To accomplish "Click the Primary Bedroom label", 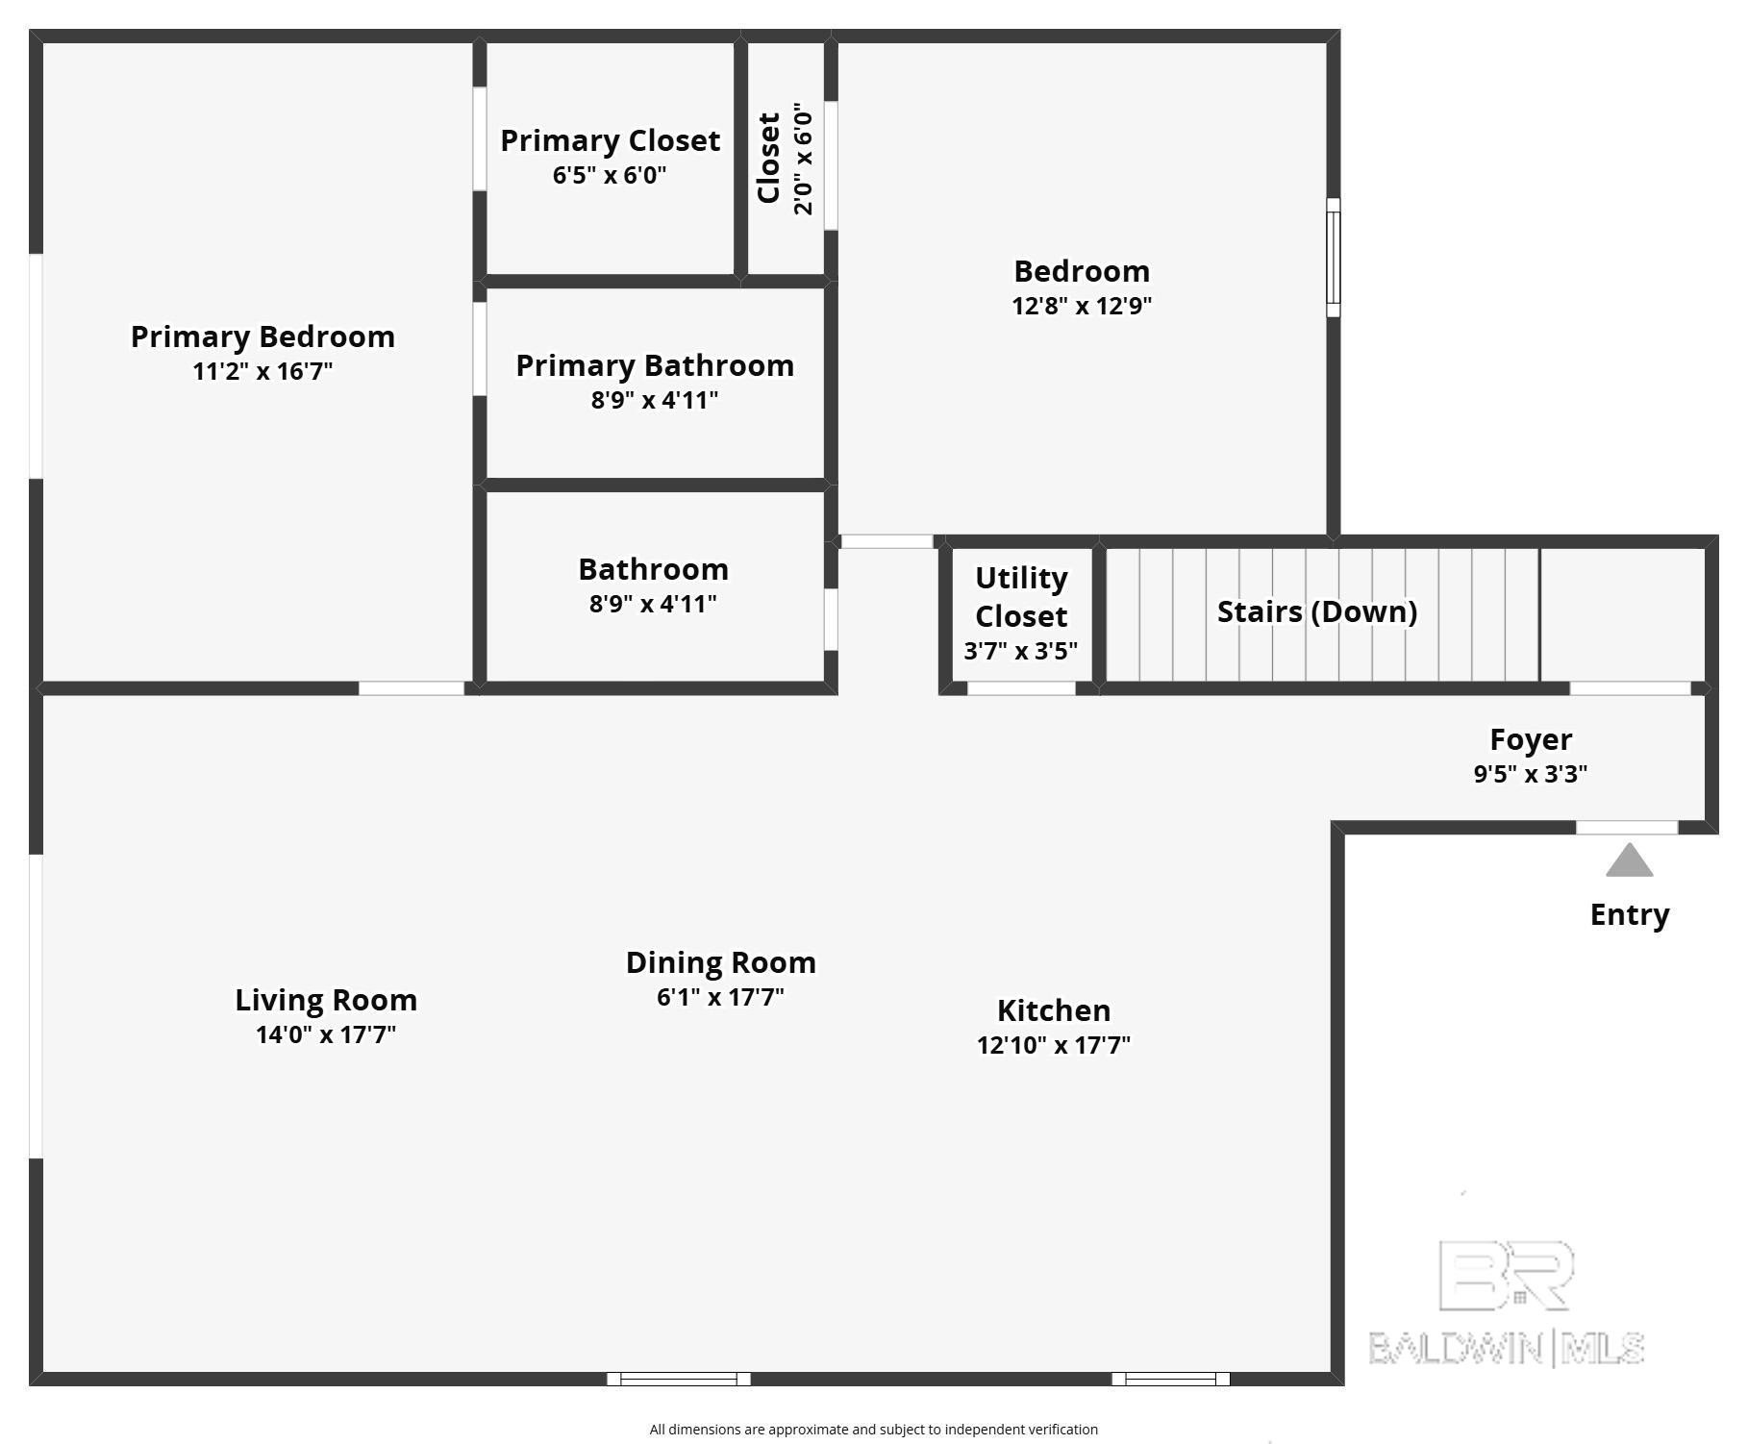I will pyautogui.click(x=262, y=336).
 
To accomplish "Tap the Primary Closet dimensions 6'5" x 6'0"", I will pyautogui.click(x=610, y=175).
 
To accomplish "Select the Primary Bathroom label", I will pyautogui.click(x=655, y=365).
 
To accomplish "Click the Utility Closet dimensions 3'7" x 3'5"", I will pyautogui.click(x=1020, y=651).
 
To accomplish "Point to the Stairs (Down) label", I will pyautogui.click(x=1316, y=611).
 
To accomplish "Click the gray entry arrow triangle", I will pyautogui.click(x=1629, y=861).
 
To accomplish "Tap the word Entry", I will pyautogui.click(x=1629, y=914).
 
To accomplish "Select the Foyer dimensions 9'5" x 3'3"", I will pyautogui.click(x=1530, y=774).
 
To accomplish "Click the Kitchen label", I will pyautogui.click(x=1054, y=1010).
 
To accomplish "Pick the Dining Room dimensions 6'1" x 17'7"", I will pyautogui.click(x=720, y=997).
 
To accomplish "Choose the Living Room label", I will pyautogui.click(x=326, y=1000).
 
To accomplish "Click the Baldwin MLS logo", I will pyautogui.click(x=1506, y=1303).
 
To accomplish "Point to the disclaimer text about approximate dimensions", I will pyautogui.click(x=873, y=1430).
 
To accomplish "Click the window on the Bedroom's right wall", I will pyautogui.click(x=1333, y=258).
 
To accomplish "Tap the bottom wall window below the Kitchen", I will pyautogui.click(x=1170, y=1379).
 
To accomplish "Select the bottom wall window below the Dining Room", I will pyautogui.click(x=678, y=1379).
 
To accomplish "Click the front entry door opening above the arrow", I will pyautogui.click(x=1627, y=828).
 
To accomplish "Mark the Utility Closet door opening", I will pyautogui.click(x=1020, y=688).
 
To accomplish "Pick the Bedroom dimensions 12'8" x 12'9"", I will pyautogui.click(x=1082, y=306).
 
